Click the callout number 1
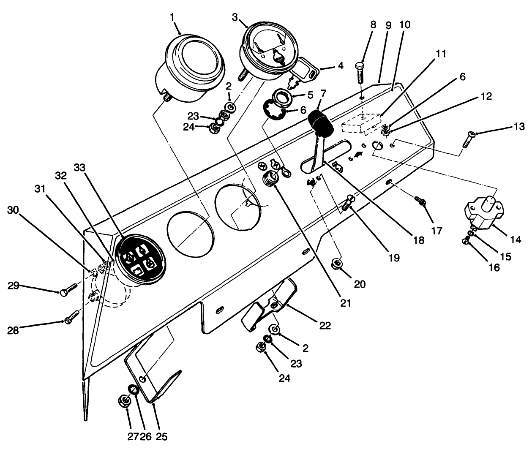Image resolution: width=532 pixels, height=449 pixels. (x=172, y=17)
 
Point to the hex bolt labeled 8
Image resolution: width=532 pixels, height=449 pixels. (x=361, y=78)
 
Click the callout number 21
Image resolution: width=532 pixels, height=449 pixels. (x=346, y=303)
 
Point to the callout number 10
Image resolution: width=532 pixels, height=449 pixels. (x=404, y=24)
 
